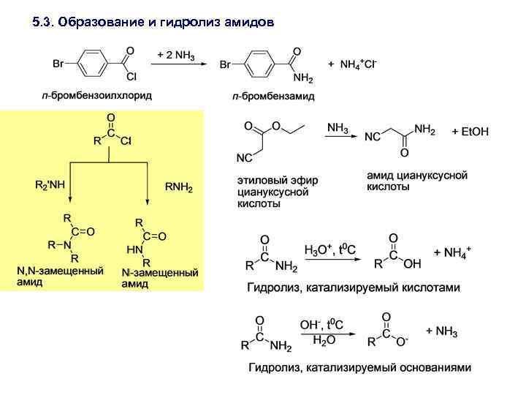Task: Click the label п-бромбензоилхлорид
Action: coord(96,95)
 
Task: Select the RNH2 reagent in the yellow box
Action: coord(178,188)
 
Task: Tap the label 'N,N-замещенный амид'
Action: coord(60,276)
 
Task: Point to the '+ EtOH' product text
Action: coord(470,132)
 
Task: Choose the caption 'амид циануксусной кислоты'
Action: coord(416,181)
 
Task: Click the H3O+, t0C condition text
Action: coord(326,250)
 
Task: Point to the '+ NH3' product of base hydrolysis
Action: coord(441,331)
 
